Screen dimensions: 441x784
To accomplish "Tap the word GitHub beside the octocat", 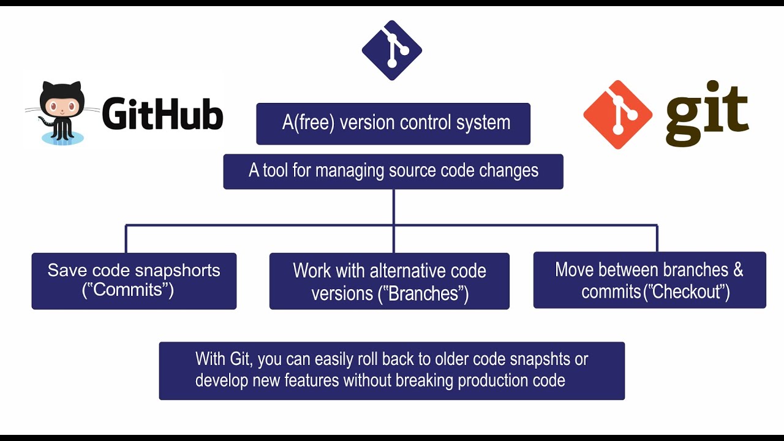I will (162, 115).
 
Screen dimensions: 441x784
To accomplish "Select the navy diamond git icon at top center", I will (392, 50).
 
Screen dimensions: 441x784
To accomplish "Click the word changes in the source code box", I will (511, 170).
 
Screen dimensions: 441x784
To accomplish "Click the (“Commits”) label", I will (128, 290).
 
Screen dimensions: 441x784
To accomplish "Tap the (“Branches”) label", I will (423, 293).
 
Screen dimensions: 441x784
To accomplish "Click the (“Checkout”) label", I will (685, 292).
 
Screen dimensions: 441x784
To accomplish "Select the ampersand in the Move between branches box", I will (737, 270).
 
